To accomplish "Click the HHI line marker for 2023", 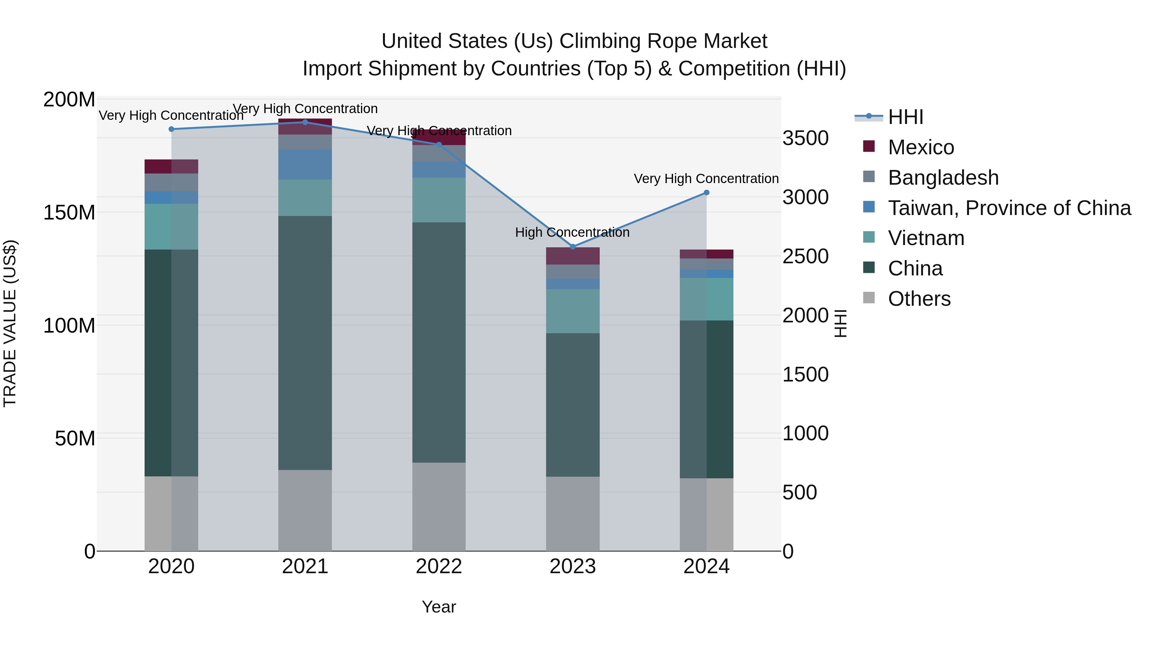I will [x=573, y=247].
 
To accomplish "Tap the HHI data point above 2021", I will [x=305, y=122].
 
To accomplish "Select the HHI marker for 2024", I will [x=707, y=192].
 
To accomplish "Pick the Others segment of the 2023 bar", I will [x=573, y=513].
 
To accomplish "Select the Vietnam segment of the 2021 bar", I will [x=305, y=198].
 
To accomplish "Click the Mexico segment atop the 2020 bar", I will [x=171, y=166].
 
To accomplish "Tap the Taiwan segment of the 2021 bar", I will [x=305, y=164].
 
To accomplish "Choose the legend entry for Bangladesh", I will [x=942, y=178].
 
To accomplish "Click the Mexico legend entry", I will [x=920, y=147].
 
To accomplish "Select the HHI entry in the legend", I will [x=905, y=117].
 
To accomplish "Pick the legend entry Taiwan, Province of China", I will [x=1009, y=208].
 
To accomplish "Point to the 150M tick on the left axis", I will [x=69, y=212].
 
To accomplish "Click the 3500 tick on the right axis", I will [x=805, y=138].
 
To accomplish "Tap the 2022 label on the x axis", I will [x=439, y=566].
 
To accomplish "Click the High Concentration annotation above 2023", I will [x=572, y=232].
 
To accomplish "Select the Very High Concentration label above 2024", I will [x=706, y=179].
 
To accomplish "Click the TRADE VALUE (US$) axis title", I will [x=10, y=323].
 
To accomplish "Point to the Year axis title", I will [x=439, y=607].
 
